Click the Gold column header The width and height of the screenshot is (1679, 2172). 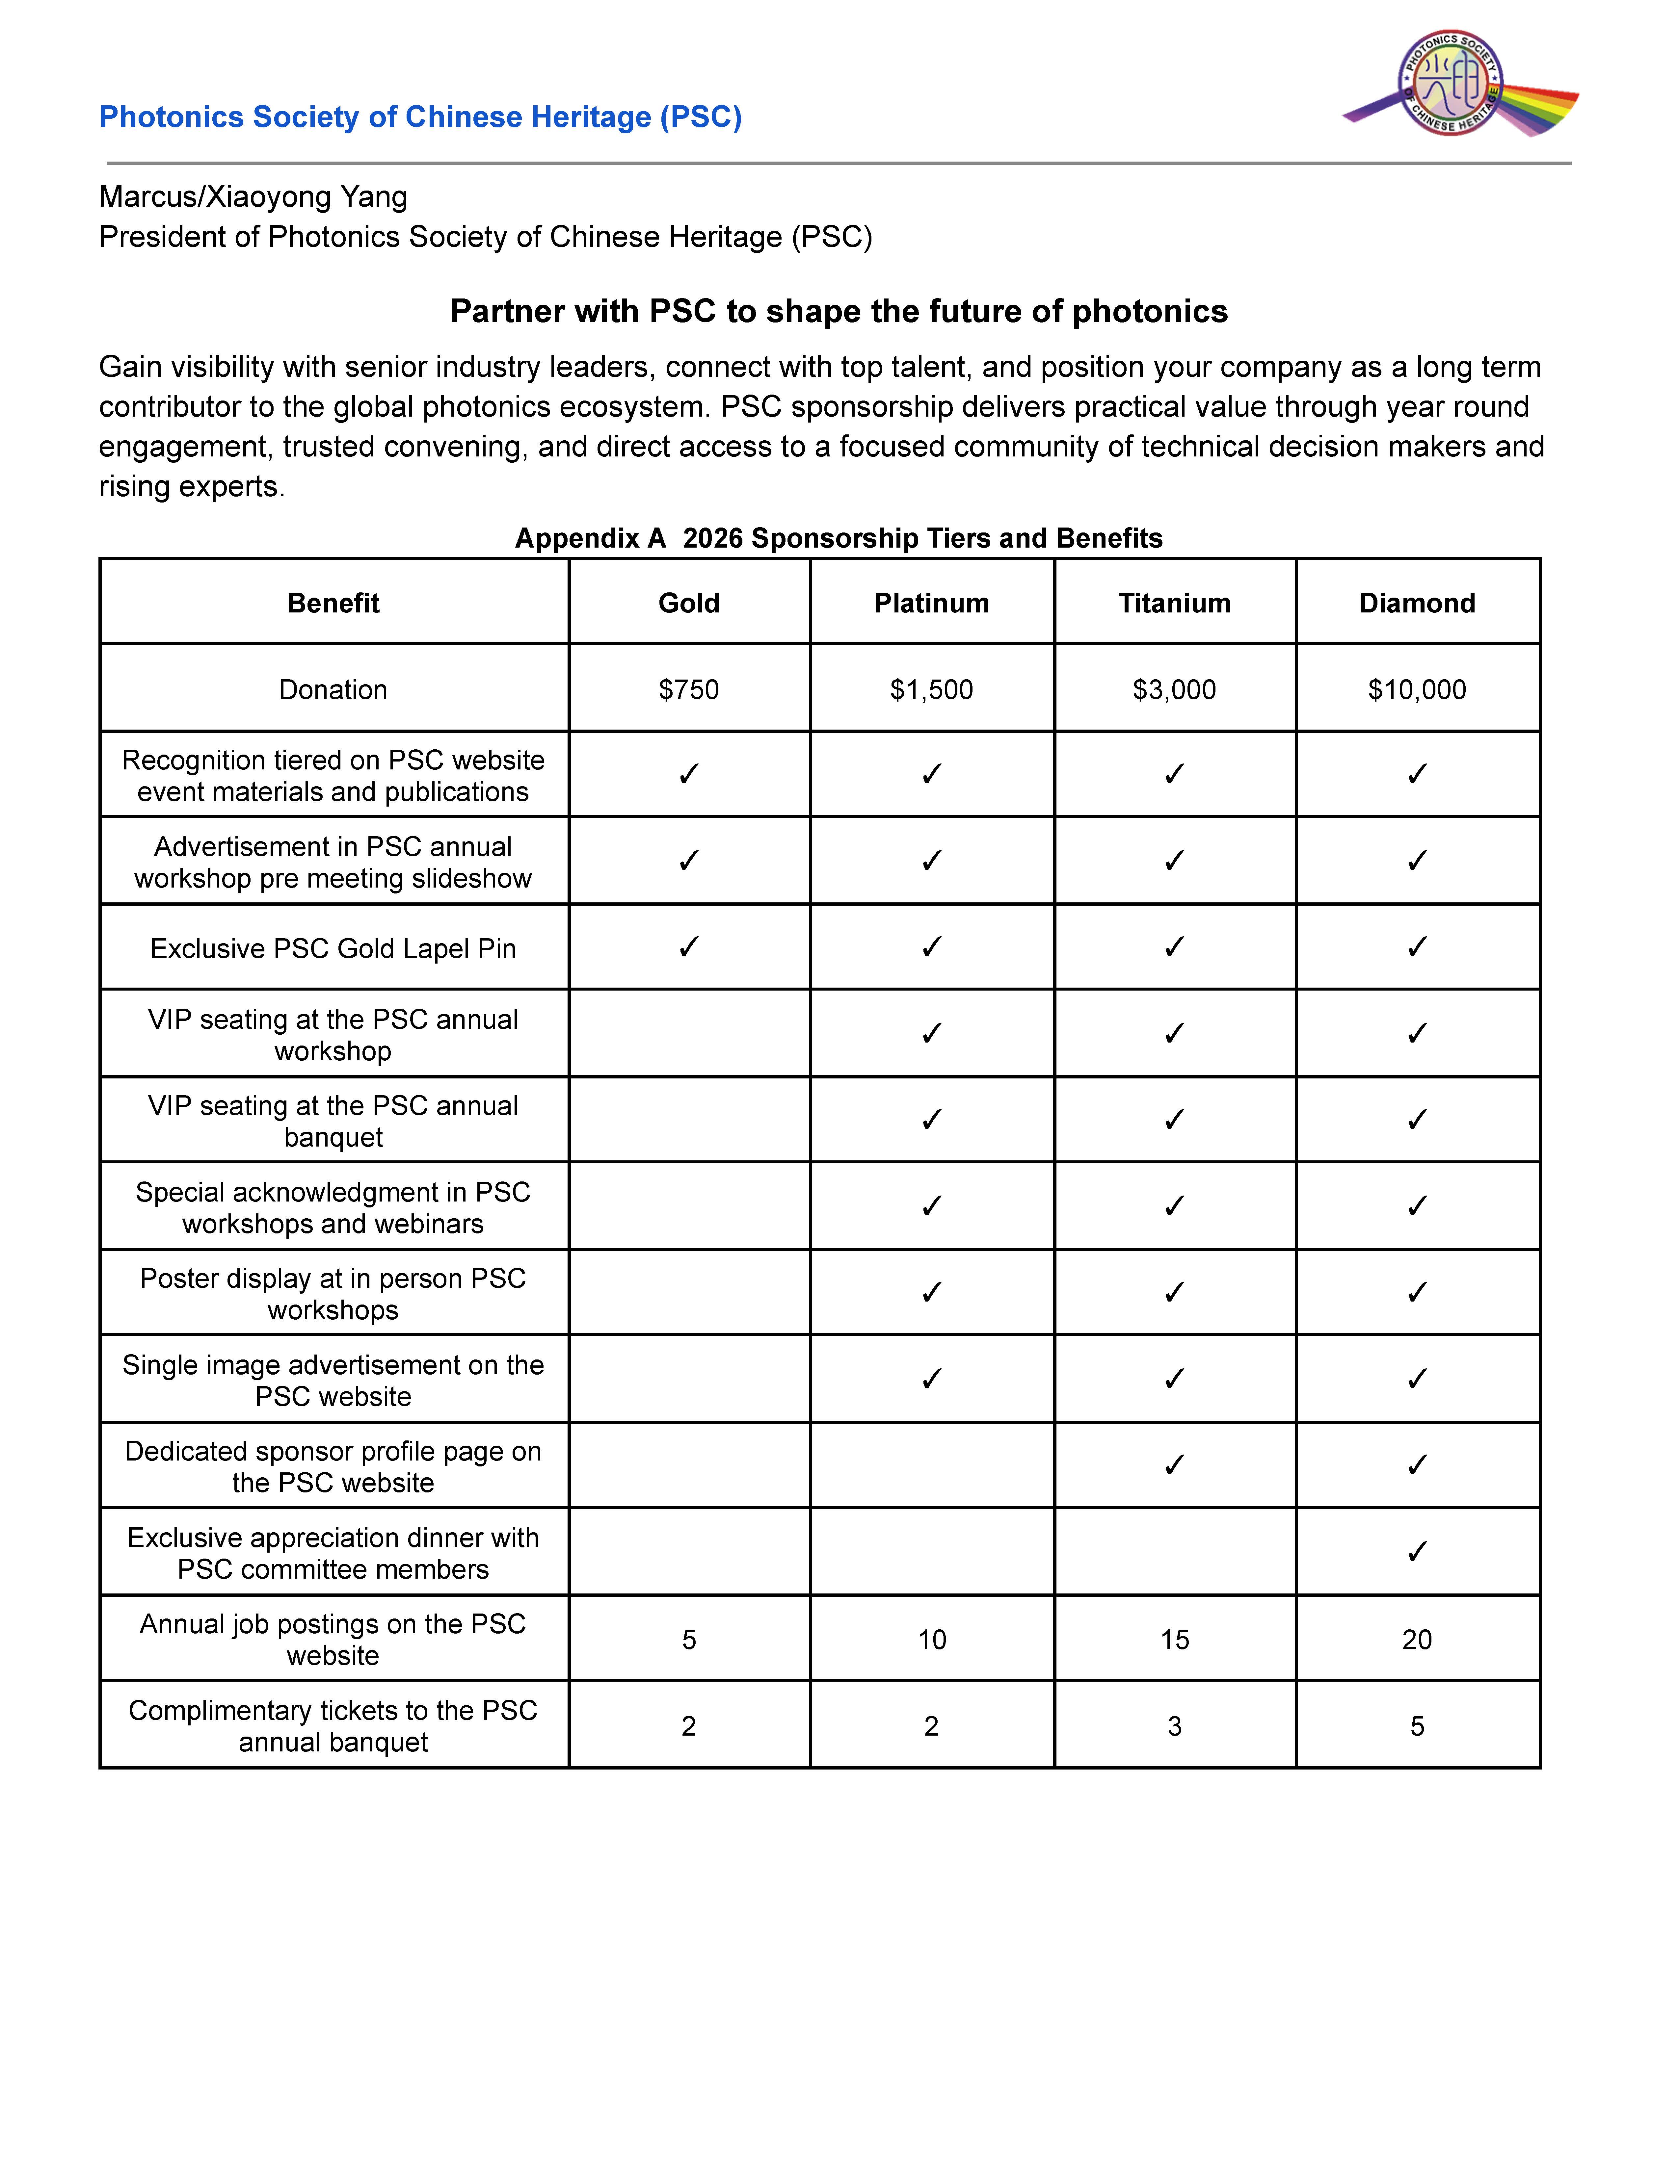click(x=688, y=603)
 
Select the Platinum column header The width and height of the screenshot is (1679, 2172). click(x=931, y=603)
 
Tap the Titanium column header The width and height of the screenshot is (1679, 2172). click(x=1174, y=603)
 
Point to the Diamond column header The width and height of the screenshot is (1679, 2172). click(x=1416, y=603)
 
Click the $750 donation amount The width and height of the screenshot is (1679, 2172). click(x=688, y=689)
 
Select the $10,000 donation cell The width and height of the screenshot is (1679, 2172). click(x=1416, y=689)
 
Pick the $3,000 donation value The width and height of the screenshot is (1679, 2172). click(x=1174, y=689)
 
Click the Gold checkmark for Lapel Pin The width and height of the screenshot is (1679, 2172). click(x=688, y=947)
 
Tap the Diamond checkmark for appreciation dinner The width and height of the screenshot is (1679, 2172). click(x=1416, y=1551)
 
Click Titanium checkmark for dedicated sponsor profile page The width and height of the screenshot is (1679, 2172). click(x=1174, y=1465)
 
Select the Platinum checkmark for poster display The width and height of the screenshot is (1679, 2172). click(x=931, y=1292)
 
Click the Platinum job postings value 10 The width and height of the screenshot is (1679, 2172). click(x=931, y=1639)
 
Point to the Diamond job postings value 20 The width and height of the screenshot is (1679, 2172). click(x=1416, y=1639)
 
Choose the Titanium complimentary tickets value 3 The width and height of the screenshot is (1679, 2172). click(x=1174, y=1725)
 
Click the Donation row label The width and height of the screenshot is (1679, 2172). click(x=332, y=689)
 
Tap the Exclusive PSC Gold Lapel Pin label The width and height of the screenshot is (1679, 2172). click(x=332, y=948)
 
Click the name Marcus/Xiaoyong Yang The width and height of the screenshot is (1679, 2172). click(x=253, y=197)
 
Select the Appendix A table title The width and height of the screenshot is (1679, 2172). click(x=839, y=538)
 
